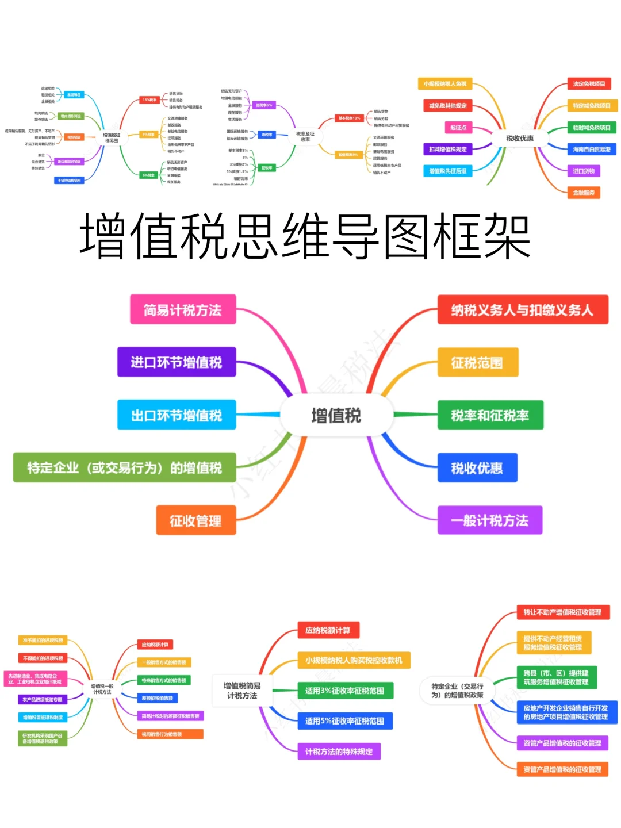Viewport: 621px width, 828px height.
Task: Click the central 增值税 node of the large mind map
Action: click(336, 415)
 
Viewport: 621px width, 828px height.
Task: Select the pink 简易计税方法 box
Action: click(183, 310)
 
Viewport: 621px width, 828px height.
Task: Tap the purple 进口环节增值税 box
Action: click(177, 362)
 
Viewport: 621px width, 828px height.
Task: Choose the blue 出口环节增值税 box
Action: click(177, 415)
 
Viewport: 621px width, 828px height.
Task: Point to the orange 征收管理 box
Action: click(195, 520)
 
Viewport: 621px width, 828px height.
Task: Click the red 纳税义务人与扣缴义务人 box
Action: click(522, 310)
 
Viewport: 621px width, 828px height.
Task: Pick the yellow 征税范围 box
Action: click(477, 362)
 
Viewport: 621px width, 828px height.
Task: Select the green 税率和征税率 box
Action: click(490, 415)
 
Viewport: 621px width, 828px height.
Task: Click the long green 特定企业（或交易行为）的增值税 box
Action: click(124, 467)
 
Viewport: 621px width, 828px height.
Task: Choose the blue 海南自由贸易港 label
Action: click(592, 149)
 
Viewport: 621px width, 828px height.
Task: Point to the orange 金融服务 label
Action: click(584, 192)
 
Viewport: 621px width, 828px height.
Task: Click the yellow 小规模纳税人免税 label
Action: click(445, 84)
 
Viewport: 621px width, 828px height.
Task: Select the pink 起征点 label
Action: click(458, 127)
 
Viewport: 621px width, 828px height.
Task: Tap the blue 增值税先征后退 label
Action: click(448, 171)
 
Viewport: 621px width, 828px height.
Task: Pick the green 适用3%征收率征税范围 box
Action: click(345, 691)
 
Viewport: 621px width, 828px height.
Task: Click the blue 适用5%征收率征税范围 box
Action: click(345, 721)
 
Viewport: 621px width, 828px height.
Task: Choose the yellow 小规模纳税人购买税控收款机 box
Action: click(354, 660)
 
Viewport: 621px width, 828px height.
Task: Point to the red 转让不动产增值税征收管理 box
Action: click(562, 612)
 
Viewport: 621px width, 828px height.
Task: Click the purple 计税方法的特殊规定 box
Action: click(339, 752)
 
